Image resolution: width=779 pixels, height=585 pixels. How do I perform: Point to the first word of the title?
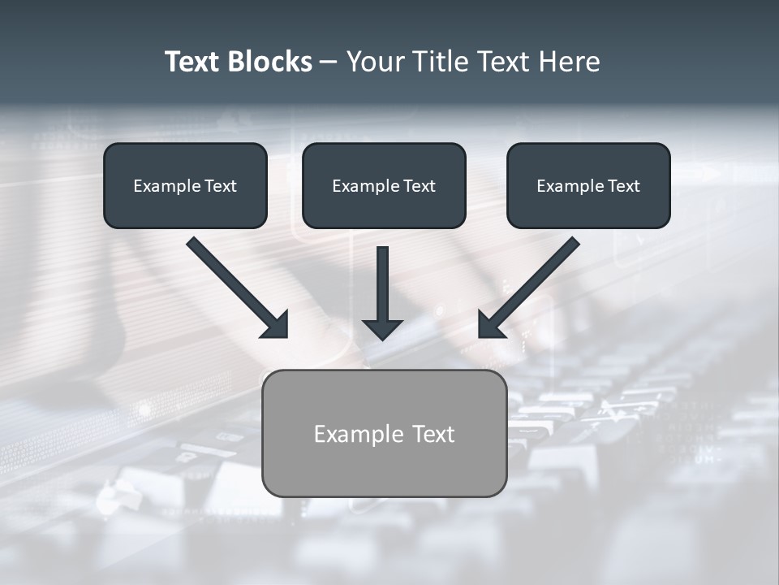click(192, 62)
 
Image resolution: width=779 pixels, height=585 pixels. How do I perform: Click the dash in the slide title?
click(329, 63)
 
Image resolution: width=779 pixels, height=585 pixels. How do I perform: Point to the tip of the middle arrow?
click(382, 337)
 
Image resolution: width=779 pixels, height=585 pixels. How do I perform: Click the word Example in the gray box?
click(359, 434)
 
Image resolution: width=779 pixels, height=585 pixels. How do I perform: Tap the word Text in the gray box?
click(433, 434)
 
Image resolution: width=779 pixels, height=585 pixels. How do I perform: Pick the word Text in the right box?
click(624, 186)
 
